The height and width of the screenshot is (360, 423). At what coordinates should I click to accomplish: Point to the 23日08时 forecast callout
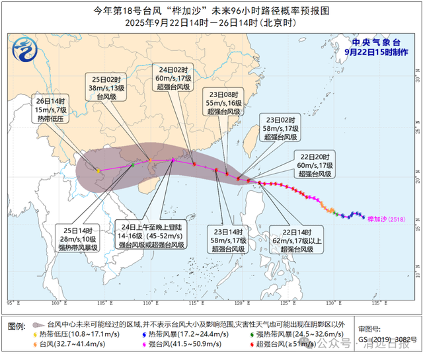click(x=224, y=102)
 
